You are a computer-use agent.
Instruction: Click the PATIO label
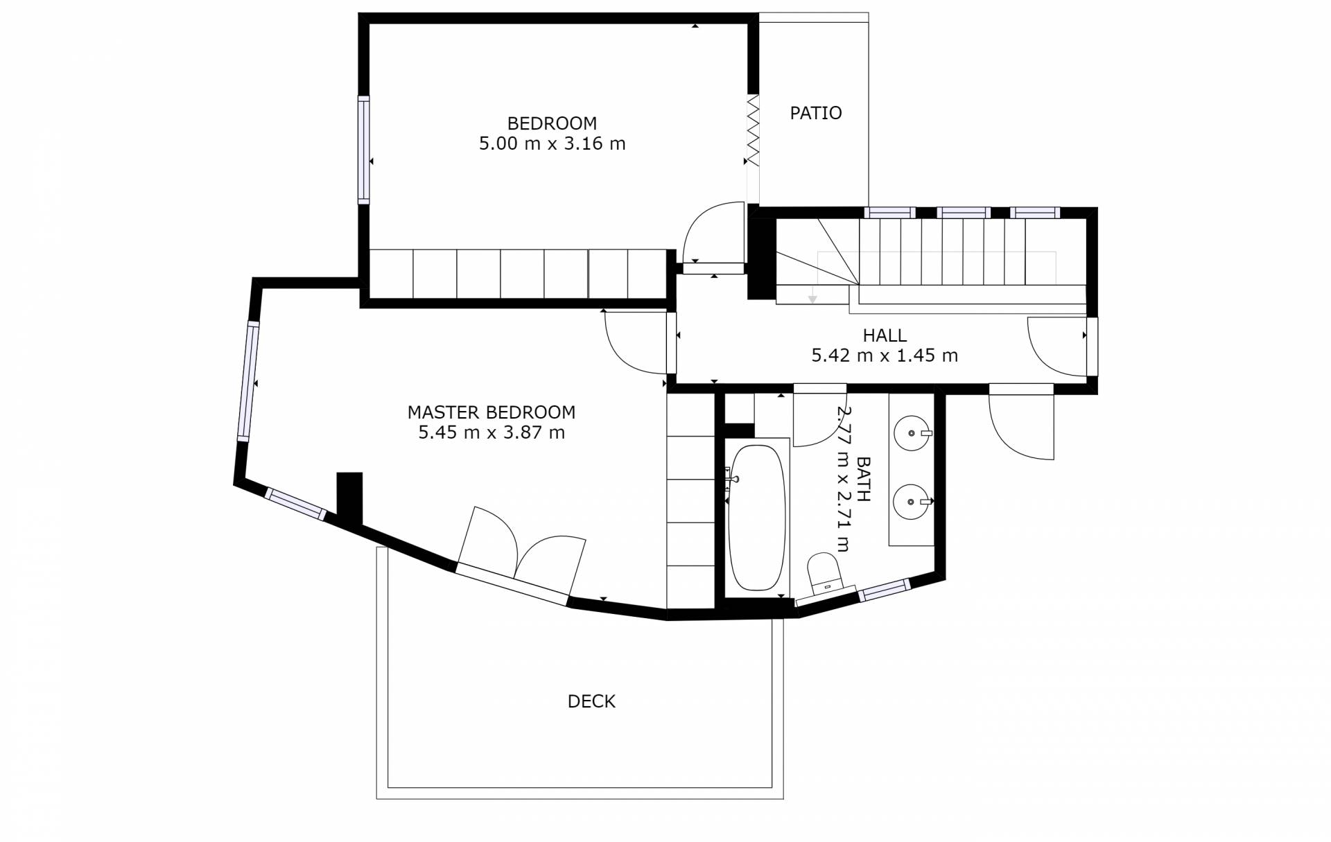pos(815,113)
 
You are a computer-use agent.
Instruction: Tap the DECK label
pos(591,701)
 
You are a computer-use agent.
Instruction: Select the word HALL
pos(885,335)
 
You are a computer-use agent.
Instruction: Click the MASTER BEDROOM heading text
pos(491,412)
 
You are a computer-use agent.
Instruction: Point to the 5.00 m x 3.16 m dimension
pos(552,143)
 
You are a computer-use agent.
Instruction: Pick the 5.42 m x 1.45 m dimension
pos(885,356)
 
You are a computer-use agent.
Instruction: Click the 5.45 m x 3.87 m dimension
pos(491,432)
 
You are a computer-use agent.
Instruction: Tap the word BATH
pos(864,478)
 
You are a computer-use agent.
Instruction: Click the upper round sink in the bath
pos(912,434)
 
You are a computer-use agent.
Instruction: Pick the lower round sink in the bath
pos(912,501)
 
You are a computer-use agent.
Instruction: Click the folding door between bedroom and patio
pos(753,130)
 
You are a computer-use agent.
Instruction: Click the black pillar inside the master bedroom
pos(349,498)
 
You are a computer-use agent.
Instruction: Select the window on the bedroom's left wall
pos(363,150)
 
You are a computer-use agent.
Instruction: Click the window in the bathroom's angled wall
pos(884,590)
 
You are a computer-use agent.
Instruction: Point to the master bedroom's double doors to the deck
pos(520,554)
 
